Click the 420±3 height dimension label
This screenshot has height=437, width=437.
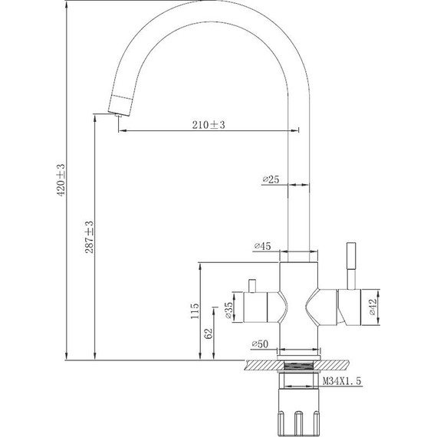(61, 179)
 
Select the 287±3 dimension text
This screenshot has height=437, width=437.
(89, 237)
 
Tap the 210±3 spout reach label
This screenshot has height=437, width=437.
(209, 125)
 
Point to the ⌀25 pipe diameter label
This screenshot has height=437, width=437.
(271, 179)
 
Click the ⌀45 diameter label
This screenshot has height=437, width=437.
(262, 246)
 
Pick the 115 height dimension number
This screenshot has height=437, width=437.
(195, 311)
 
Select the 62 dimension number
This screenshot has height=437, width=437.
(209, 333)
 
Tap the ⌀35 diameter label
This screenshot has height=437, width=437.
(228, 310)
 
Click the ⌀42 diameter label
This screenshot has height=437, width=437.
(373, 307)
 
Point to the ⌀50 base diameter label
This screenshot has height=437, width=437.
(260, 344)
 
